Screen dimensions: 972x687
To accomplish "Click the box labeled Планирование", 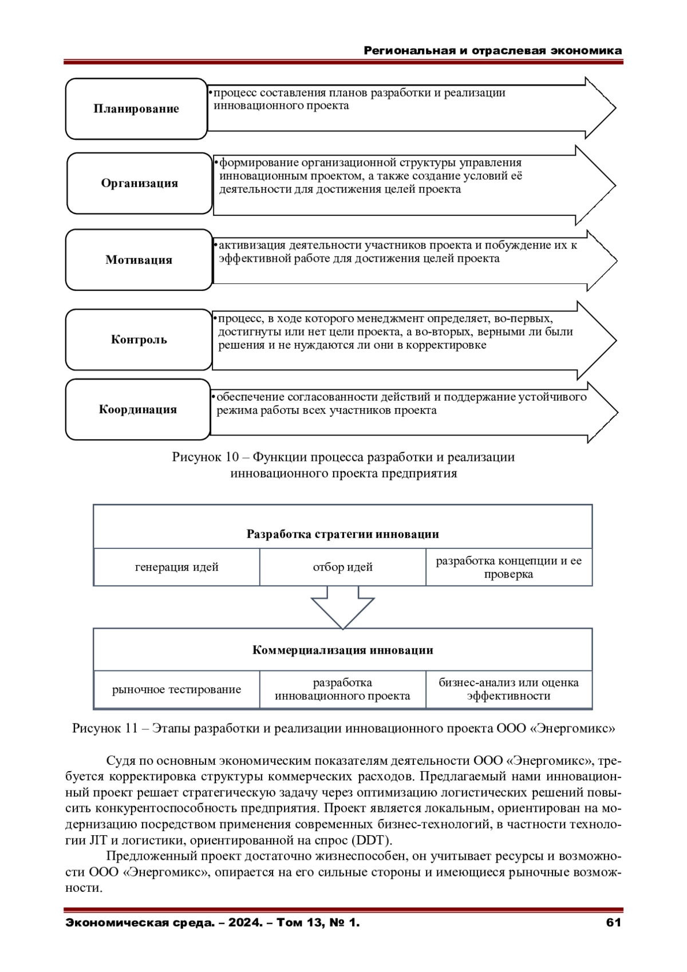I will (136, 109).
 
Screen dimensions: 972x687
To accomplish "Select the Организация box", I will (140, 183).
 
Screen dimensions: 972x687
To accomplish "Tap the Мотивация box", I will (139, 260).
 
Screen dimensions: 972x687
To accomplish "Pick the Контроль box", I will (139, 339).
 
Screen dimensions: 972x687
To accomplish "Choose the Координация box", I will (138, 409).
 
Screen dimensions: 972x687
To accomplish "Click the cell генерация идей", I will (176, 567).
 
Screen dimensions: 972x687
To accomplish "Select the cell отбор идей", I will (342, 567).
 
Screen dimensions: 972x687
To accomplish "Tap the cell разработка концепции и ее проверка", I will (508, 567).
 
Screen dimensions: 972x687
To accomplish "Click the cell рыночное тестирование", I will (176, 689).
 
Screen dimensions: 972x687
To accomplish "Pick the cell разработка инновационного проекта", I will (342, 689).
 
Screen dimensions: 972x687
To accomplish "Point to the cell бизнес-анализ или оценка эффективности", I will (508, 689).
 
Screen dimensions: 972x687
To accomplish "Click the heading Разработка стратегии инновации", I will (342, 534).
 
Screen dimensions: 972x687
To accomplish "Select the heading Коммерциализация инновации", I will (342, 650).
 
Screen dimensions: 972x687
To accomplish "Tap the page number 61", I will (613, 922).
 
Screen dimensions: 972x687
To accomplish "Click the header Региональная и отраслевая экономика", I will (493, 50).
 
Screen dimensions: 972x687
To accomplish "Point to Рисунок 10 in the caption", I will (204, 457).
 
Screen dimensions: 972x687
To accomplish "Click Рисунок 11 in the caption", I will (105, 729).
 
